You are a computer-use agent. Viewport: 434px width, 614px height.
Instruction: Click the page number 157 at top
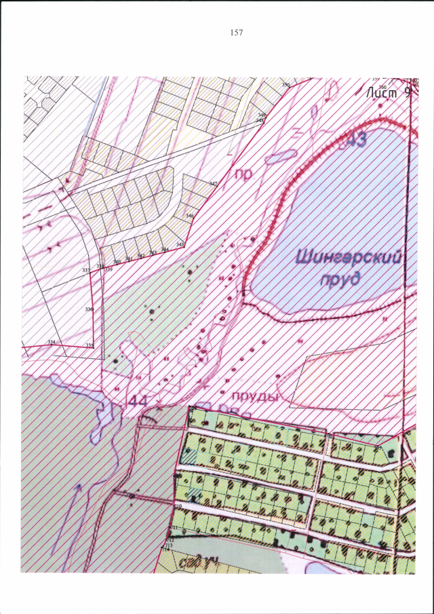[x=237, y=32]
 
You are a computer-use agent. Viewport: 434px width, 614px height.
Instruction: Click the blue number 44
[x=138, y=402]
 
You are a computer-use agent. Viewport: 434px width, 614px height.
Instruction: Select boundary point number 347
[x=213, y=184]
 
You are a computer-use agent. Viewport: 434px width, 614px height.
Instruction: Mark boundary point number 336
[x=89, y=309]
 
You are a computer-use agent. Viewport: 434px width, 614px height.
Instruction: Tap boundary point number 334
[x=51, y=341]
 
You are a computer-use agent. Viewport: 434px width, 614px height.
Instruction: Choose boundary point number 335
[x=90, y=345]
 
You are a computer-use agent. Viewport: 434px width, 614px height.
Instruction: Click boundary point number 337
[x=86, y=270]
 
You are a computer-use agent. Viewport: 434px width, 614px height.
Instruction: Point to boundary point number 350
[x=285, y=85]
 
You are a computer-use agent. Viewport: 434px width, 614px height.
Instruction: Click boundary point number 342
[x=141, y=256]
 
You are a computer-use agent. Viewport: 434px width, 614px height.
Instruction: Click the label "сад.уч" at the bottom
[x=194, y=560]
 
